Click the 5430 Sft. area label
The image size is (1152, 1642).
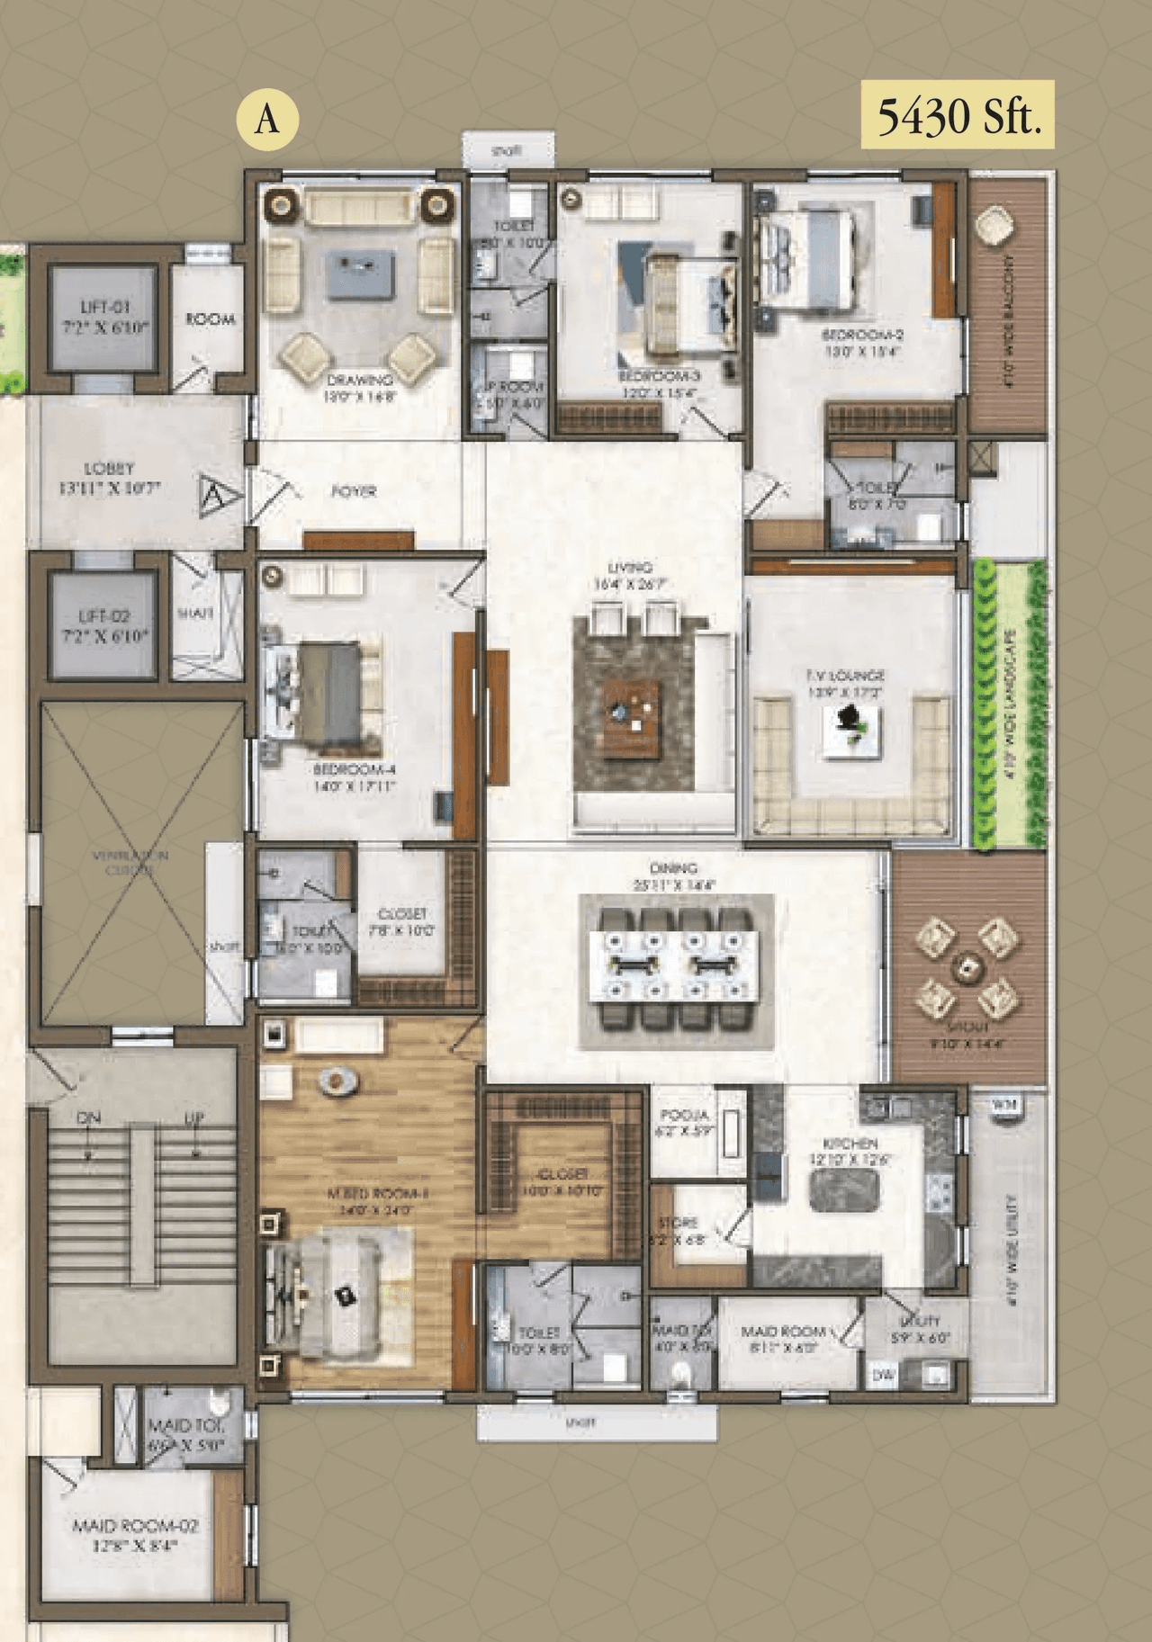tap(958, 115)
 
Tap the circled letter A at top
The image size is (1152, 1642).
tap(266, 120)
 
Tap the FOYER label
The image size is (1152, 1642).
tap(353, 491)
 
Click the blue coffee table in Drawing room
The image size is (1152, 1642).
tap(360, 274)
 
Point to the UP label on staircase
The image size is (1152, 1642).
tap(194, 1118)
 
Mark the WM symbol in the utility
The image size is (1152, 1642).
tap(1003, 1104)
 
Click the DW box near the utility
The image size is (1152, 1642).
tap(883, 1375)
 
